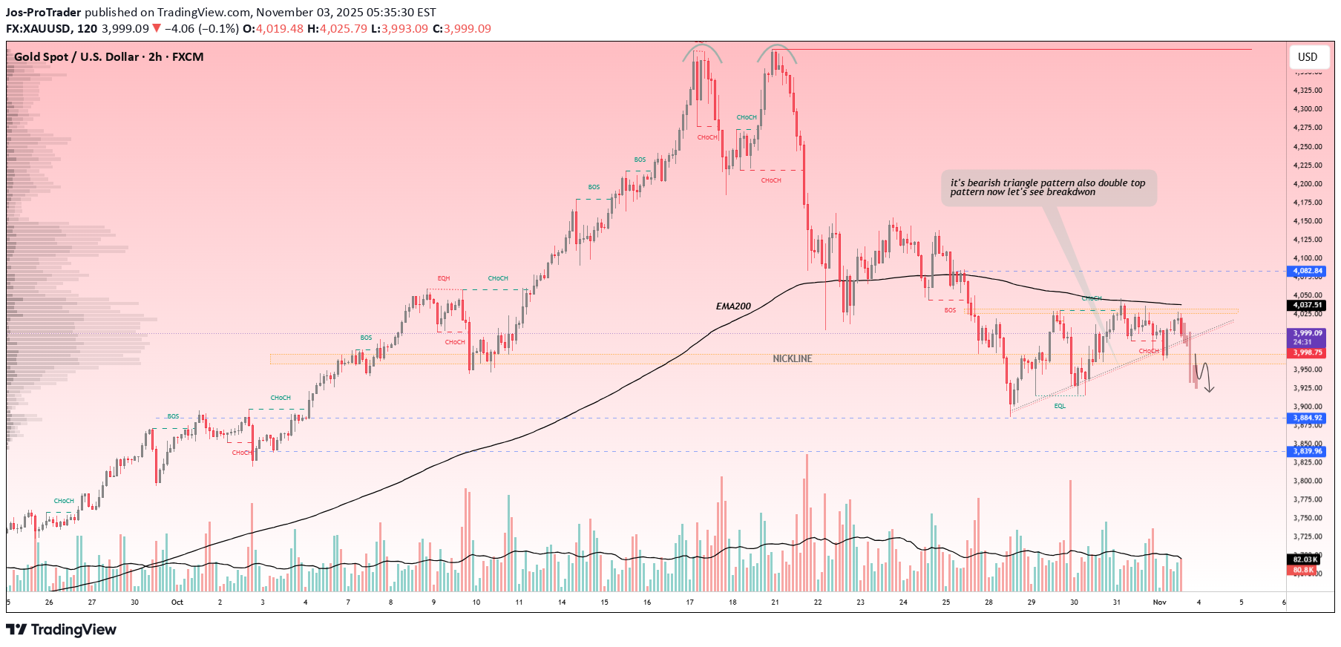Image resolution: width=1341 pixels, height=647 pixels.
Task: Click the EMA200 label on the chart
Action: [733, 306]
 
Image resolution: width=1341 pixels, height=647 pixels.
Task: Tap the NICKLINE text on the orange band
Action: [793, 358]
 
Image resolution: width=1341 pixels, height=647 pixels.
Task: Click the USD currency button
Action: [1308, 57]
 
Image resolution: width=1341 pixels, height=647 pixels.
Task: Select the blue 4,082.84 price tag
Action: [1308, 271]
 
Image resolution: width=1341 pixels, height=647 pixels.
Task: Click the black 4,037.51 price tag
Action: [1308, 305]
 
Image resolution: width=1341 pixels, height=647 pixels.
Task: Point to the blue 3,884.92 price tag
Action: [1308, 418]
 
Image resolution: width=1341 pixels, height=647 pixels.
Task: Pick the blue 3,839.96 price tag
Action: [1308, 451]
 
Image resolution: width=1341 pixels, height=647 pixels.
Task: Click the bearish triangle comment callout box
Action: [1048, 188]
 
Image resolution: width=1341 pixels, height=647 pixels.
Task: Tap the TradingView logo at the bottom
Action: [62, 630]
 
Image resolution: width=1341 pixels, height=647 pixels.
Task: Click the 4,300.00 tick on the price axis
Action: [1308, 109]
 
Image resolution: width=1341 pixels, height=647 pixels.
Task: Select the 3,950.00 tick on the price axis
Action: [1308, 370]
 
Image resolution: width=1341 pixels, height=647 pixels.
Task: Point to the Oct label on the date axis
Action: [177, 602]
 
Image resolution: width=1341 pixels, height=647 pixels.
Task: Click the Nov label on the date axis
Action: [1159, 602]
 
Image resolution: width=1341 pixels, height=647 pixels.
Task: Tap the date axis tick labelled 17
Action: [690, 602]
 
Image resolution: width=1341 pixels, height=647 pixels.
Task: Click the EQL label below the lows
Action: [1060, 406]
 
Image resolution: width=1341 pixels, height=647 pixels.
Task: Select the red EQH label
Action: [444, 278]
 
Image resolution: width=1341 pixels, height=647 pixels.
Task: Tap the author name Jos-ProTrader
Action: [44, 13]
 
